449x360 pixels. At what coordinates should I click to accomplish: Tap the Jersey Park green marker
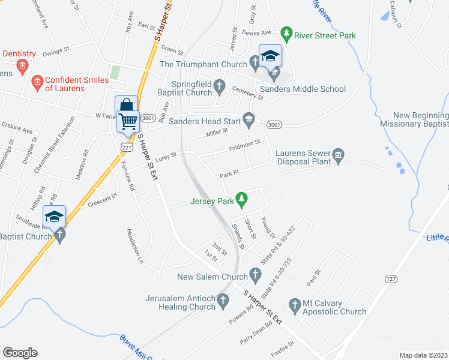(242, 197)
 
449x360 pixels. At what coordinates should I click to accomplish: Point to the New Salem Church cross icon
(255, 277)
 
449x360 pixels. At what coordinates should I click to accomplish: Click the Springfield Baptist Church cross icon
(220, 88)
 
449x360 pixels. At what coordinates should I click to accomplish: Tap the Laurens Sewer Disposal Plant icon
(337, 156)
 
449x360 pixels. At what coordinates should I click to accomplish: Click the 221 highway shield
(126, 146)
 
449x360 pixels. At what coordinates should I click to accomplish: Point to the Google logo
(20, 353)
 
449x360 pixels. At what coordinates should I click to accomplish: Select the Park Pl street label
(229, 175)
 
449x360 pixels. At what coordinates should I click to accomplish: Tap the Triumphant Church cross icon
(255, 61)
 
